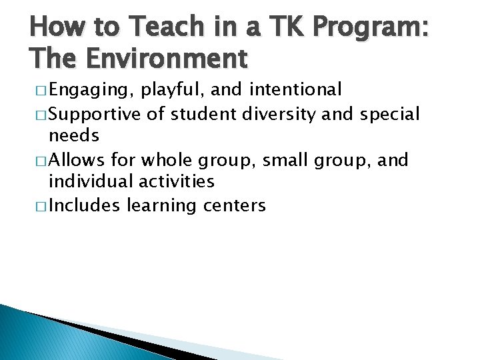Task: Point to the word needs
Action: pyautogui.click(x=73, y=136)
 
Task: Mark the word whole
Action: pyautogui.click(x=168, y=159)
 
